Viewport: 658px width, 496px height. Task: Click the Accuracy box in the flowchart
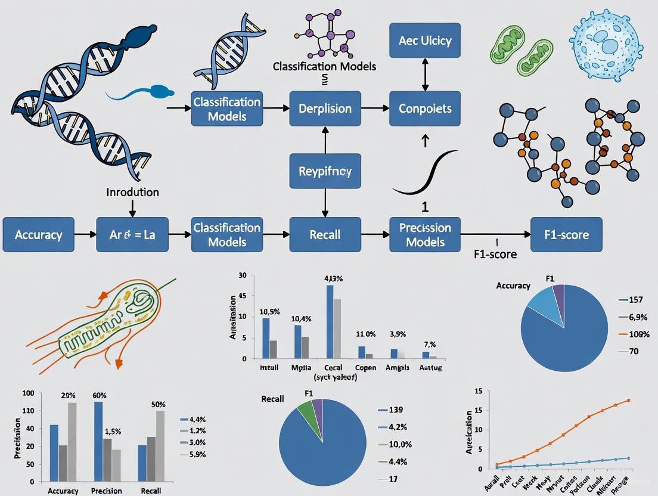pos(39,235)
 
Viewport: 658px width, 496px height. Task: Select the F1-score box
pos(566,235)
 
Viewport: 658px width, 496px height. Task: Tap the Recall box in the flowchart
pos(325,235)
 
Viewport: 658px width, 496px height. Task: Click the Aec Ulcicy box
pos(425,41)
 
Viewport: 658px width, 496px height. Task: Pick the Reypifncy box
pos(324,171)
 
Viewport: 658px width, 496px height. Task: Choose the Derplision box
pos(325,108)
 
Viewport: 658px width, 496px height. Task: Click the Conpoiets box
pos(425,108)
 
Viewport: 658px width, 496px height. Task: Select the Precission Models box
pos(425,235)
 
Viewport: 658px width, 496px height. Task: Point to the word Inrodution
pos(132,192)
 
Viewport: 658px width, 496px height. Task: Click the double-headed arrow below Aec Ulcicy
pos(425,75)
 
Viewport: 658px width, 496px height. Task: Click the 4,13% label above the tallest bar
pos(334,278)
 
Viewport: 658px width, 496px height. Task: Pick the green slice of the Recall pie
pos(306,408)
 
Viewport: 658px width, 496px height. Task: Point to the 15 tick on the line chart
pos(477,391)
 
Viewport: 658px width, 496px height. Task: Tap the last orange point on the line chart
pos(628,401)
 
